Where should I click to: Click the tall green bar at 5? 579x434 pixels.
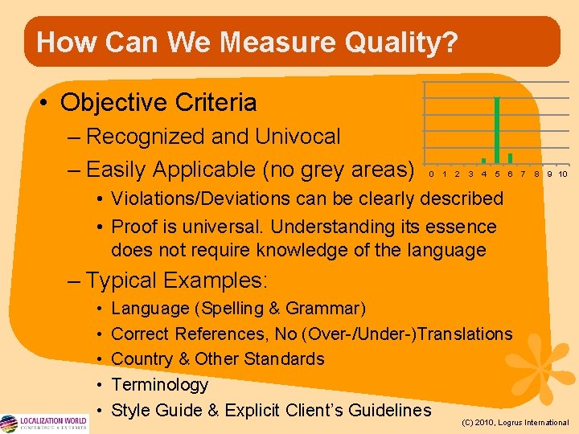pos(497,129)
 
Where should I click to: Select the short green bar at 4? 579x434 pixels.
pos(483,160)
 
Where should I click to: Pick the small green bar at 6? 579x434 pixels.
pos(510,158)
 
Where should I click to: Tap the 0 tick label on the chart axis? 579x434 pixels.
pos(431,174)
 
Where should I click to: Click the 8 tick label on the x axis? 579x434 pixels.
pos(536,174)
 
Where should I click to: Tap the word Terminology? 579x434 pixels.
pos(159,384)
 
